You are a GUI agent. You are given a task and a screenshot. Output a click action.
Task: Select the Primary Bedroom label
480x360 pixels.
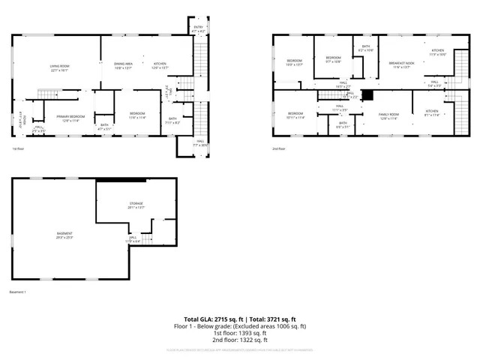[x=70, y=118]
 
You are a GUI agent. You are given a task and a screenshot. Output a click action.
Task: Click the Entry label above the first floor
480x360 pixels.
[x=199, y=29]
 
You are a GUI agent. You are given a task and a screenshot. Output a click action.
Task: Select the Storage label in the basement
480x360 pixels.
[x=136, y=205]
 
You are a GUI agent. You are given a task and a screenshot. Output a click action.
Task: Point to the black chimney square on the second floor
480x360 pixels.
[x=367, y=95]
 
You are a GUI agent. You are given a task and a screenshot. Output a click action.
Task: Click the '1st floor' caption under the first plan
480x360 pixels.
[x=17, y=148]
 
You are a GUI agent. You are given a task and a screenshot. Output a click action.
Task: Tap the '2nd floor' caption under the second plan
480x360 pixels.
[x=278, y=148]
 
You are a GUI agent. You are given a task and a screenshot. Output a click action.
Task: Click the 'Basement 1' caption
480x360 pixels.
[x=18, y=291]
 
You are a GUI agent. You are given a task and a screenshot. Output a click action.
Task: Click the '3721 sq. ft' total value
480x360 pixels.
[x=280, y=319]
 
